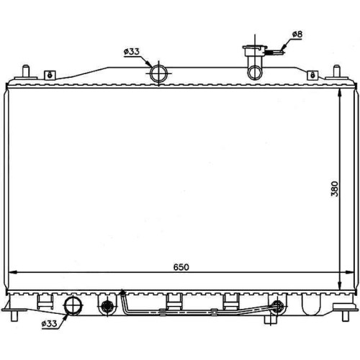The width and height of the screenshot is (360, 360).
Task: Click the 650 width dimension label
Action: click(181, 267)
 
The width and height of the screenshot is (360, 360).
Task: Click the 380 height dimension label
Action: click(335, 189)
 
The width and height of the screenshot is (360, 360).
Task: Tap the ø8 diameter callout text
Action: click(297, 35)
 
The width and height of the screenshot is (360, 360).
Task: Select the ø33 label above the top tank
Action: click(132, 52)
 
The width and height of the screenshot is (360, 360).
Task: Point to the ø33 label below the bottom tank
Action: click(49, 324)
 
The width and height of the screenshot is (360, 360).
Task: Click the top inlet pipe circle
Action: click(158, 73)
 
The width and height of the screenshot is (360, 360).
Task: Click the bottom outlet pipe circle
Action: click(73, 305)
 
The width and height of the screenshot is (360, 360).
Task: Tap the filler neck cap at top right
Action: click(255, 48)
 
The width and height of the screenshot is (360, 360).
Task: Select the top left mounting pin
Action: click(26, 71)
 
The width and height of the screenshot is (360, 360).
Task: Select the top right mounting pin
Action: click(336, 71)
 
